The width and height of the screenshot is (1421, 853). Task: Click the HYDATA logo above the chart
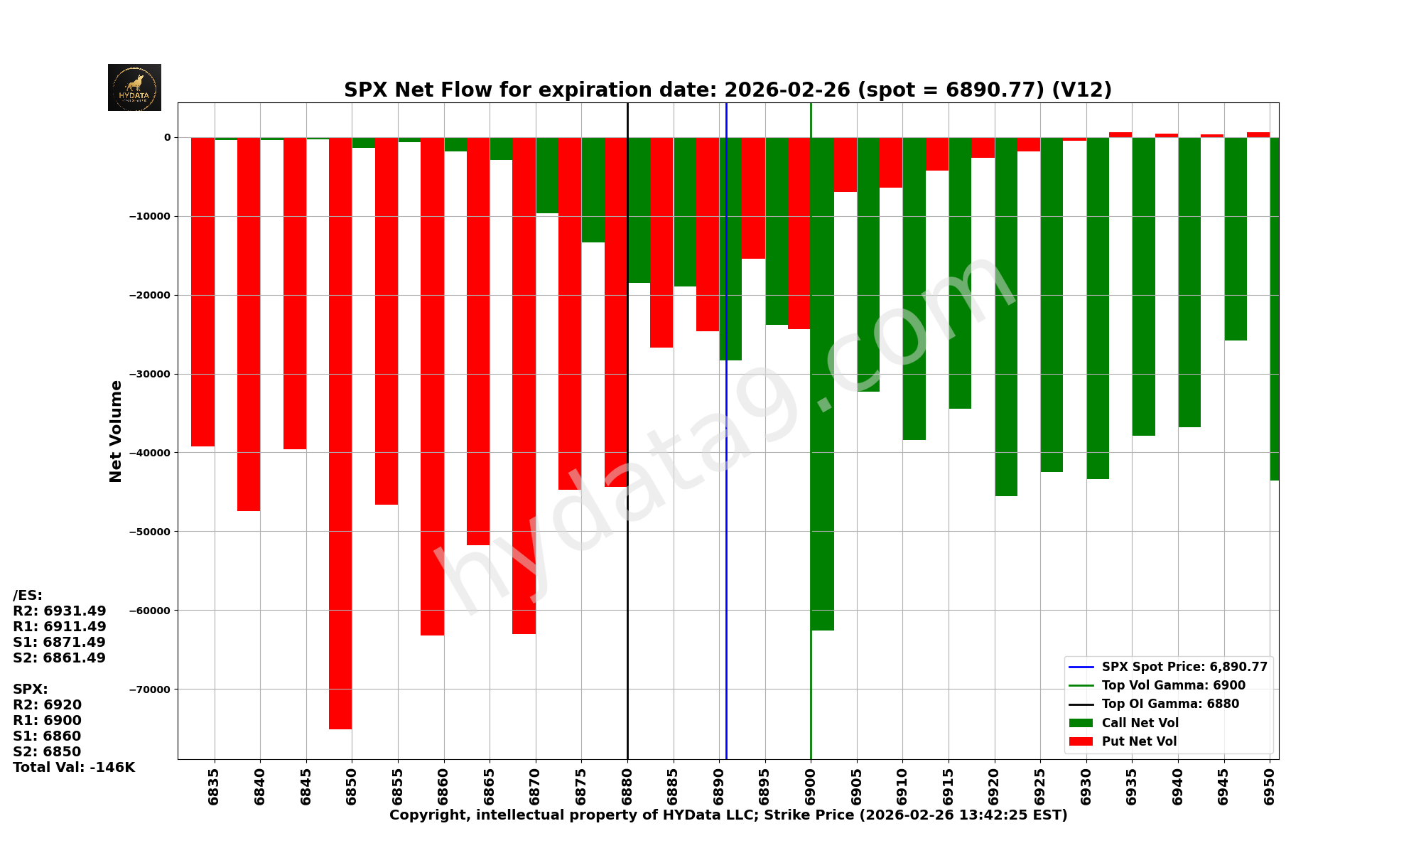coord(134,87)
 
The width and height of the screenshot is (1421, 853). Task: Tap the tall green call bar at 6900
coord(822,384)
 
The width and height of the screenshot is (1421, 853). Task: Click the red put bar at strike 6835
coord(202,291)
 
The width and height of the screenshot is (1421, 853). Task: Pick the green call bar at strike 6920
coord(1006,316)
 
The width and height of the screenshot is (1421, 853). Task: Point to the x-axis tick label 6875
coord(581,785)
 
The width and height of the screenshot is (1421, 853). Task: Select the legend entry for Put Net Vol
coord(1139,741)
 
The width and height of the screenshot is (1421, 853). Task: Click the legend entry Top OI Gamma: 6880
coord(1169,704)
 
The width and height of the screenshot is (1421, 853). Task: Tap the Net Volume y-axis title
coord(116,431)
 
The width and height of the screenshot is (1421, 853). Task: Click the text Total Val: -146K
coord(74,768)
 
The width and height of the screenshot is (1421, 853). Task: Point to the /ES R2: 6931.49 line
coord(60,611)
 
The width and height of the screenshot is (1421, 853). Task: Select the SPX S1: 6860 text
coord(47,736)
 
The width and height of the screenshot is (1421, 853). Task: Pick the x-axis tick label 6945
coord(1223,785)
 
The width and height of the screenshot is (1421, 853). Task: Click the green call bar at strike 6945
coord(1236,238)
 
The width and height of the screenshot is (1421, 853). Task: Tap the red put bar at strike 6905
coord(845,164)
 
